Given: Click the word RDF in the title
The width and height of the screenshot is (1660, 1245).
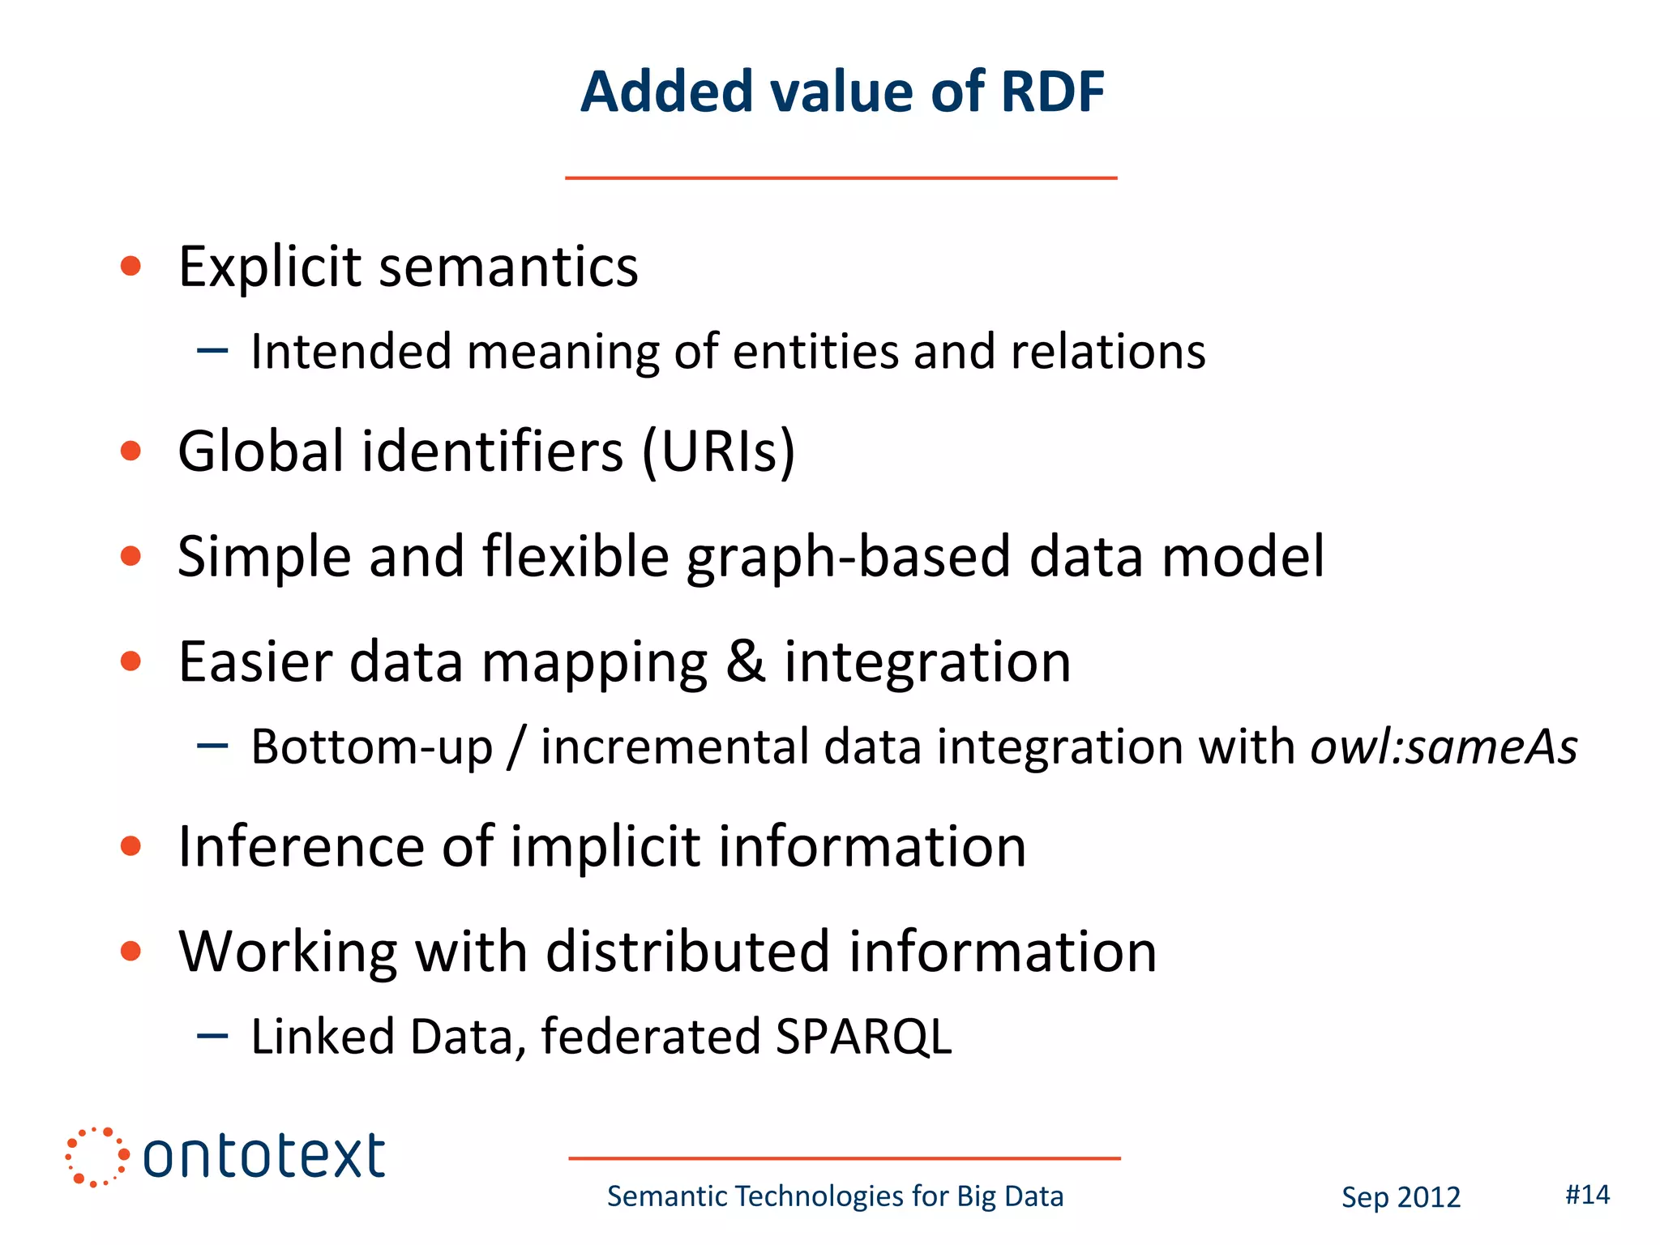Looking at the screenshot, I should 1052,92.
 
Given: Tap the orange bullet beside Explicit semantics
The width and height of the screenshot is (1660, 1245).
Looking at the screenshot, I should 130,266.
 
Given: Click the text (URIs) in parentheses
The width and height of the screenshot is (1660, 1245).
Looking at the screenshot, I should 718,451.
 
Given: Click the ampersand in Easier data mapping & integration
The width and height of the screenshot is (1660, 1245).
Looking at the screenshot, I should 745,661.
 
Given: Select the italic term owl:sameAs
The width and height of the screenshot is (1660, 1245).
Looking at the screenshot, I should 1444,747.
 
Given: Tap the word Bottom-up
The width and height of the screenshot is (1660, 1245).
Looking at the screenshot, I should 371,747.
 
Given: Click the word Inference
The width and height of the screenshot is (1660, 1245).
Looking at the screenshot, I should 302,846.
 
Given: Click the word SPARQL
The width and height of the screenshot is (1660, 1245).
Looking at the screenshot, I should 862,1037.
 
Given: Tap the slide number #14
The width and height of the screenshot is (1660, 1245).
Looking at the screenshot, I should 1587,1195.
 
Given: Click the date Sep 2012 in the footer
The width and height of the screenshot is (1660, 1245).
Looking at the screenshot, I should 1401,1197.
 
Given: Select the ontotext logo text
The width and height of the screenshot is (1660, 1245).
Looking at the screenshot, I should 263,1157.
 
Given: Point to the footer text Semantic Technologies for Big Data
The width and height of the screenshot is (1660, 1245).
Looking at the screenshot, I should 835,1196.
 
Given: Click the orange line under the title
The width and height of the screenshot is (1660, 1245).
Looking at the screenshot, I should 841,178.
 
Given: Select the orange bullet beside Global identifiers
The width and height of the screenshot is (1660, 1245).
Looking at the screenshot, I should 130,451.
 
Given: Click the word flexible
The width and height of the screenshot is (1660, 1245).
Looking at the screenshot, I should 575,557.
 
